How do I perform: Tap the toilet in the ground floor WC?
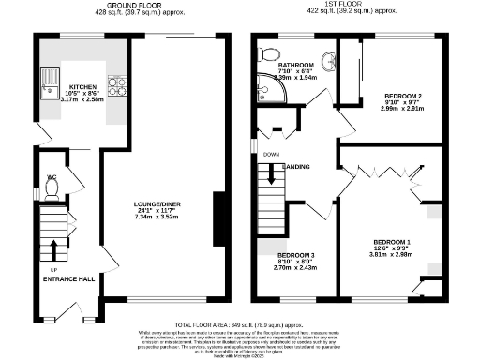click(52, 188)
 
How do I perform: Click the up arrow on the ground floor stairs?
click(52, 248)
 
